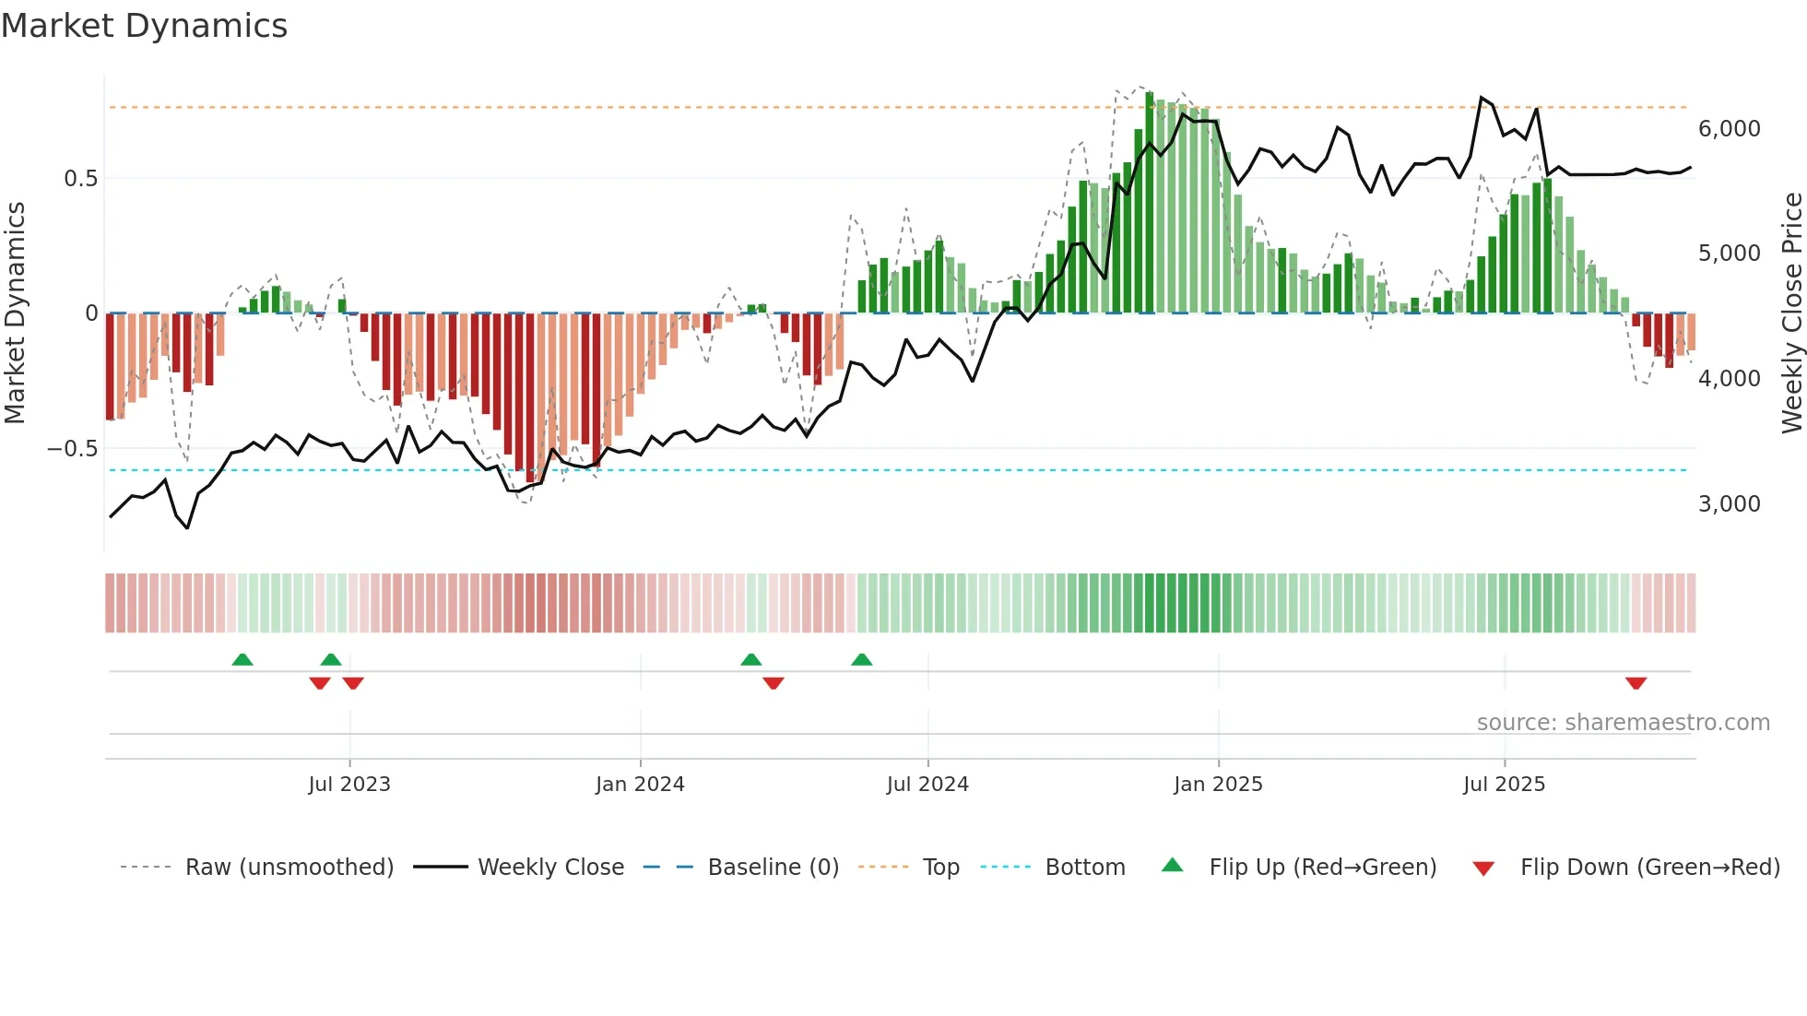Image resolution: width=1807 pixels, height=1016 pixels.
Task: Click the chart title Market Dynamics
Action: [x=145, y=26]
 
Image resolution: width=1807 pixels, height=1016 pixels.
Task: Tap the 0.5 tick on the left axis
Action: [x=80, y=179]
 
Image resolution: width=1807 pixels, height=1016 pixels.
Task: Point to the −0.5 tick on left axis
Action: [x=73, y=449]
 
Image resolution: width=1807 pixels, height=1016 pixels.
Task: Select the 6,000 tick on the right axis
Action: [x=1729, y=129]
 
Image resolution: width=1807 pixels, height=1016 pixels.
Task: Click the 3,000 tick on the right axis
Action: [x=1729, y=504]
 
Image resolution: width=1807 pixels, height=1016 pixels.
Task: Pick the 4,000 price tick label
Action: [x=1729, y=379]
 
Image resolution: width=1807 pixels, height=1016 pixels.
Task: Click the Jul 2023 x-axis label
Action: [x=349, y=785]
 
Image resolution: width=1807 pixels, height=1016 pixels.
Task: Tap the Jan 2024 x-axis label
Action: [x=640, y=785]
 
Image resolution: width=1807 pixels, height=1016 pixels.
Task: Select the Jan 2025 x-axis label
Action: [x=1218, y=785]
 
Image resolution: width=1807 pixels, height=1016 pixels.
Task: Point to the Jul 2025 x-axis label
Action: [x=1504, y=785]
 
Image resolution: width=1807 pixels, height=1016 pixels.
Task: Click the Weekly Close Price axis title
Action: [x=1791, y=313]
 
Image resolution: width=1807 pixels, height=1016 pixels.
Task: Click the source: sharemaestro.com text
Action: [x=1623, y=723]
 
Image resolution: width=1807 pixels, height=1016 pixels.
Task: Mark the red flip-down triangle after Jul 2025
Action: [x=1636, y=683]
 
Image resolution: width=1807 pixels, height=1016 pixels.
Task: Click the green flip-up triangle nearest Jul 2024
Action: [x=861, y=660]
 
